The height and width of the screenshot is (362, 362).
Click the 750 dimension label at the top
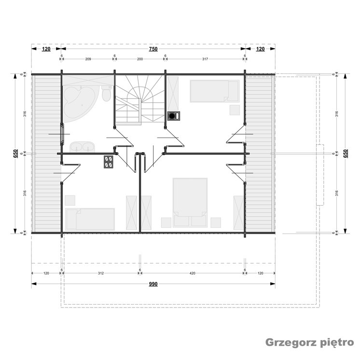coord(153,49)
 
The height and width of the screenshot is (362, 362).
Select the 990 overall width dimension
coord(153,284)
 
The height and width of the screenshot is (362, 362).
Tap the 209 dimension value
coord(88,59)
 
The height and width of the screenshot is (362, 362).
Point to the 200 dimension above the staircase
coord(140,59)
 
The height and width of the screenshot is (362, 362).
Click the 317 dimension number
coord(205,59)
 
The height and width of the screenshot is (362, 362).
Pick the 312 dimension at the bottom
coord(101,273)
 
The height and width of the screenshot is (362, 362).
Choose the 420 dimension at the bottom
coord(192,273)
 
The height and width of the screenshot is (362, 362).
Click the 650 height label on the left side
coord(15,154)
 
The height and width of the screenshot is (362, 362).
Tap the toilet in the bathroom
coord(107,93)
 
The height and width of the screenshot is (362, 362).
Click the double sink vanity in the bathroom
coord(83,147)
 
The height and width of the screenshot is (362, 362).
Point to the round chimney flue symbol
coord(172,116)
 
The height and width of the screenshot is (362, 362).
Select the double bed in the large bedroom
coord(190,202)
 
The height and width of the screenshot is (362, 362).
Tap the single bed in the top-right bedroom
coord(215,91)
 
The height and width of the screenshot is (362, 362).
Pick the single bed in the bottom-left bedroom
coord(90,219)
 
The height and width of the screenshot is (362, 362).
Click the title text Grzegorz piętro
coord(309,343)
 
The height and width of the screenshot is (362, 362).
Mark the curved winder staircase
coord(140,100)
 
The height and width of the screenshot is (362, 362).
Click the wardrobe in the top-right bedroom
coord(173,93)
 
